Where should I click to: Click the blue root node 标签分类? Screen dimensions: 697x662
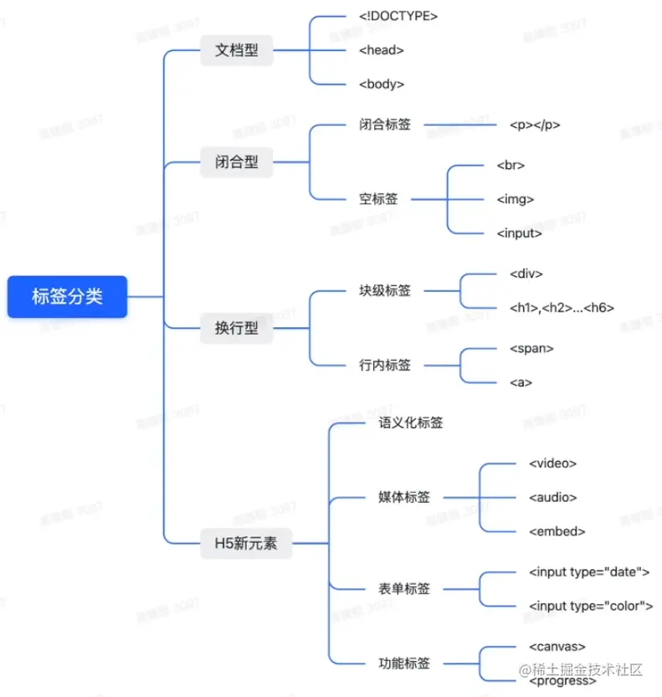tap(67, 296)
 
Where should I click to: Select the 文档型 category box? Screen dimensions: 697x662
tap(237, 50)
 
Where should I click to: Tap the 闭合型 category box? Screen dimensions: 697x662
tap(237, 162)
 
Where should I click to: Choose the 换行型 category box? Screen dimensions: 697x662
tap(237, 329)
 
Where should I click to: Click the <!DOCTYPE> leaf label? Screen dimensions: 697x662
tap(398, 15)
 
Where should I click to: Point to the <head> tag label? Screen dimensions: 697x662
tap(381, 50)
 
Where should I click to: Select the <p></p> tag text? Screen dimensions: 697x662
tap(535, 125)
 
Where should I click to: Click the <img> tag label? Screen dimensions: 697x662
tap(515, 199)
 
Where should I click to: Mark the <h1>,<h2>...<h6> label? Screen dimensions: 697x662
tap(562, 308)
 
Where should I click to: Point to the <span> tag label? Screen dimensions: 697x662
tap(531, 348)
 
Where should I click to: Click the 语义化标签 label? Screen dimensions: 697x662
tap(411, 423)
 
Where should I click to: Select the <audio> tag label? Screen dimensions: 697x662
tap(552, 497)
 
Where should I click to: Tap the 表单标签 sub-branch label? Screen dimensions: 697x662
tap(404, 589)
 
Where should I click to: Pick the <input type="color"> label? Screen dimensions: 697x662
tap(591, 606)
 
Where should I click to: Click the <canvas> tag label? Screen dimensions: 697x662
tap(557, 646)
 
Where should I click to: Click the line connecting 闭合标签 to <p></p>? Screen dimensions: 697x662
tap(460, 126)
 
